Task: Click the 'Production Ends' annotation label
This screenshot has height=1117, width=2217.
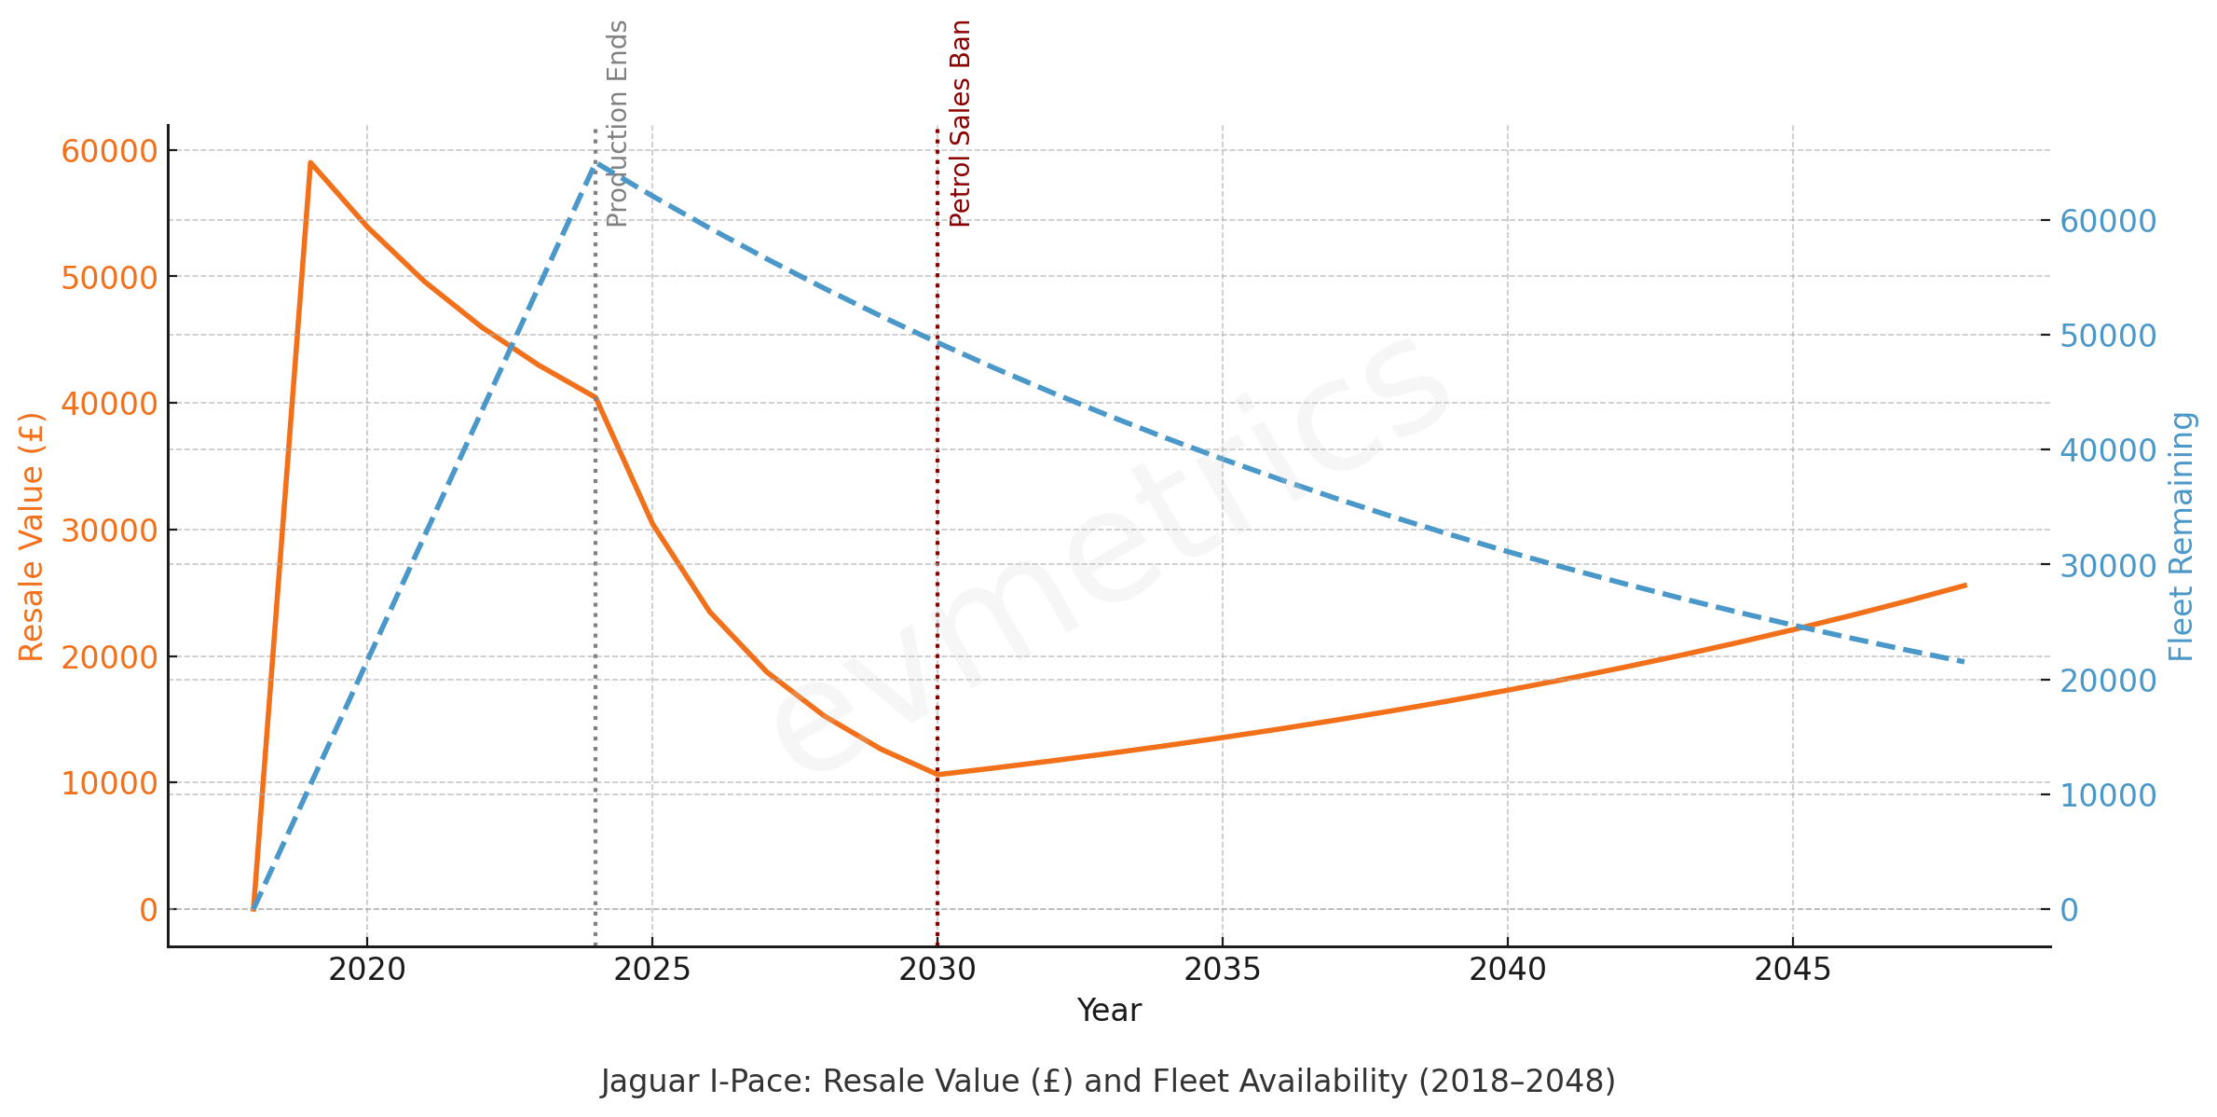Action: click(617, 124)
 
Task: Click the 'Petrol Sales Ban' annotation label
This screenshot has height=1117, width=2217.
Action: click(960, 124)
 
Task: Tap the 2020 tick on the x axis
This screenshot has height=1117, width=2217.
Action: click(367, 970)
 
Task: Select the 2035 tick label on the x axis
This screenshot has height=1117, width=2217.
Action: click(1223, 970)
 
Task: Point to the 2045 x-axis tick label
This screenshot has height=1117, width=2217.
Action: click(1793, 970)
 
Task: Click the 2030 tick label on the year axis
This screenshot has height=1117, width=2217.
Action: click(937, 970)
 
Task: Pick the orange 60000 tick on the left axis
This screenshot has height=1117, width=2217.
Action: click(109, 151)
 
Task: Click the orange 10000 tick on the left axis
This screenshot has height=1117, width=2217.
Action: click(109, 783)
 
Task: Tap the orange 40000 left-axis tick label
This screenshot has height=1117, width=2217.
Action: click(109, 404)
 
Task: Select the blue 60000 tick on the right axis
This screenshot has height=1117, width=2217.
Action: click(2108, 221)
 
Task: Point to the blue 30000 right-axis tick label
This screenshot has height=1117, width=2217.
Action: click(2108, 565)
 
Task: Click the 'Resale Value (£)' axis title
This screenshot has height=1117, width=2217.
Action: click(32, 537)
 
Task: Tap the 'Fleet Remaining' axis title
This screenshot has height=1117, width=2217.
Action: click(2181, 537)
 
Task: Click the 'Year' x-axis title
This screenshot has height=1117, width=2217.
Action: click(1109, 1011)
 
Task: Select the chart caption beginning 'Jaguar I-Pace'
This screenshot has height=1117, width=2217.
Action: click(1108, 1082)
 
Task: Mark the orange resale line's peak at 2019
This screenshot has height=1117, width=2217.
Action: click(310, 162)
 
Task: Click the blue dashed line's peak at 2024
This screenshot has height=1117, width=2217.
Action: click(595, 164)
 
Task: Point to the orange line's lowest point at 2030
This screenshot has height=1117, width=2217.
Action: click(937, 774)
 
